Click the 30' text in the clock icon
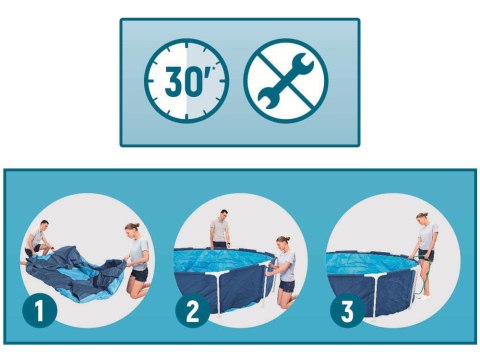184,81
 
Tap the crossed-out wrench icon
286,81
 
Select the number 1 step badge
39,311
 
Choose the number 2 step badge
193,311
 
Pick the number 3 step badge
347,311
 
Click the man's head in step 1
44,226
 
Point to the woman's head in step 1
132,229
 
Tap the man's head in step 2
224,215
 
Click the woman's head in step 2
283,242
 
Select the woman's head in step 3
422,219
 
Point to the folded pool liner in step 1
76,273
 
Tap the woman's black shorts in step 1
139,274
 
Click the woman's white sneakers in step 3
424,296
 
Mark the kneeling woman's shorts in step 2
287,286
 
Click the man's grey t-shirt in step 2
220,230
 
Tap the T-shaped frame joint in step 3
376,275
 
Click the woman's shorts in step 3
427,255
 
